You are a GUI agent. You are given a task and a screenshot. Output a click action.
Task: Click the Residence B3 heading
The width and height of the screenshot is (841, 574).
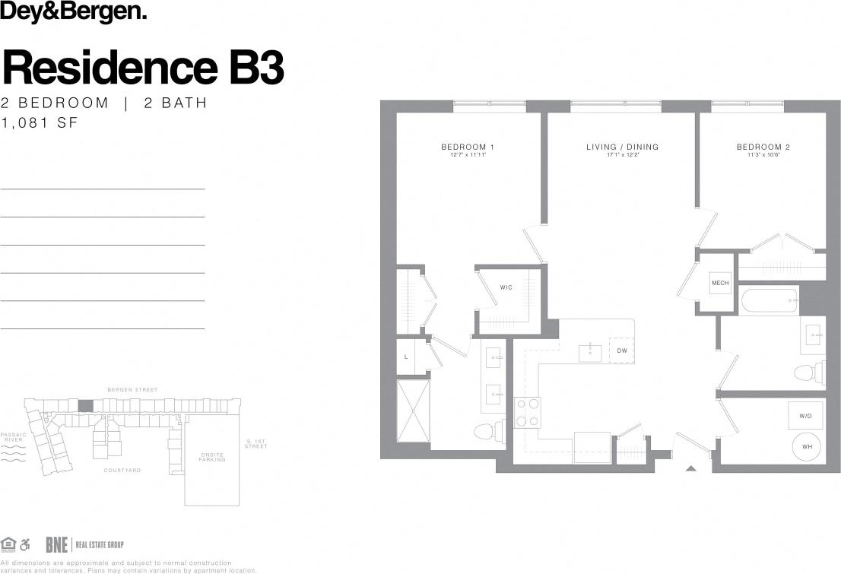pos(144,68)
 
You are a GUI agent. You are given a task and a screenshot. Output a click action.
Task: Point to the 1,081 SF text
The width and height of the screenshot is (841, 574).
pos(40,122)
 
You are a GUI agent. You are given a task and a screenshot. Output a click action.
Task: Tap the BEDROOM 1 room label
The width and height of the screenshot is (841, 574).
pos(468,147)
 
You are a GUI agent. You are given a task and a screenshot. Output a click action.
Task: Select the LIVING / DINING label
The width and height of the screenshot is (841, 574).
pos(622,147)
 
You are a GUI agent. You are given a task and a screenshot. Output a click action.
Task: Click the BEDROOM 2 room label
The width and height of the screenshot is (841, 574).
pos(763,147)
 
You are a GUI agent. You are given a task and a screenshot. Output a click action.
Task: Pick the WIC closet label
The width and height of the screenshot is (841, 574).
pos(506,287)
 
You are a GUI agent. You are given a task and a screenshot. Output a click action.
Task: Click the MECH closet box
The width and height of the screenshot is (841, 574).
pos(719,283)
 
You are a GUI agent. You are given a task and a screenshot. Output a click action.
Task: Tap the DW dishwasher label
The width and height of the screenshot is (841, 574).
pos(621,350)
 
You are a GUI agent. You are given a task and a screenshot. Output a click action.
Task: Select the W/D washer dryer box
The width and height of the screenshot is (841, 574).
pos(805,417)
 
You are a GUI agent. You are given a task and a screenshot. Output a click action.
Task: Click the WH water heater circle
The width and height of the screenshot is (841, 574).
pos(806,447)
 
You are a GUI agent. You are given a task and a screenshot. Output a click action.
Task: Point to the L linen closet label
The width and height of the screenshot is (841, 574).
pos(407,357)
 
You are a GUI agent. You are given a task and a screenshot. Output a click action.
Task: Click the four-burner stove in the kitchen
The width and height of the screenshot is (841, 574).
pos(528,413)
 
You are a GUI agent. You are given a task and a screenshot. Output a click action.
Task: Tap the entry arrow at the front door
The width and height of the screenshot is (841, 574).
pos(690,468)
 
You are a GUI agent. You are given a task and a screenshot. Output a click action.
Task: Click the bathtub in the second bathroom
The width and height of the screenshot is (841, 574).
pos(770,301)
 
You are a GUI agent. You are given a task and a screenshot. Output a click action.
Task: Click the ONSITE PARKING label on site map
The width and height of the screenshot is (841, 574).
pos(212,457)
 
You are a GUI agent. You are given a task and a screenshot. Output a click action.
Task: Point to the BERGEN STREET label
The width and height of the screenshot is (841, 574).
pos(132,390)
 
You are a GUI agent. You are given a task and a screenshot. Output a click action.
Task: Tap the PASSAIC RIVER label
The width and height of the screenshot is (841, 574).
pos(14,438)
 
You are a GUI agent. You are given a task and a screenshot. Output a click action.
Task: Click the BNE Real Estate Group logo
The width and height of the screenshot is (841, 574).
pos(84,544)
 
